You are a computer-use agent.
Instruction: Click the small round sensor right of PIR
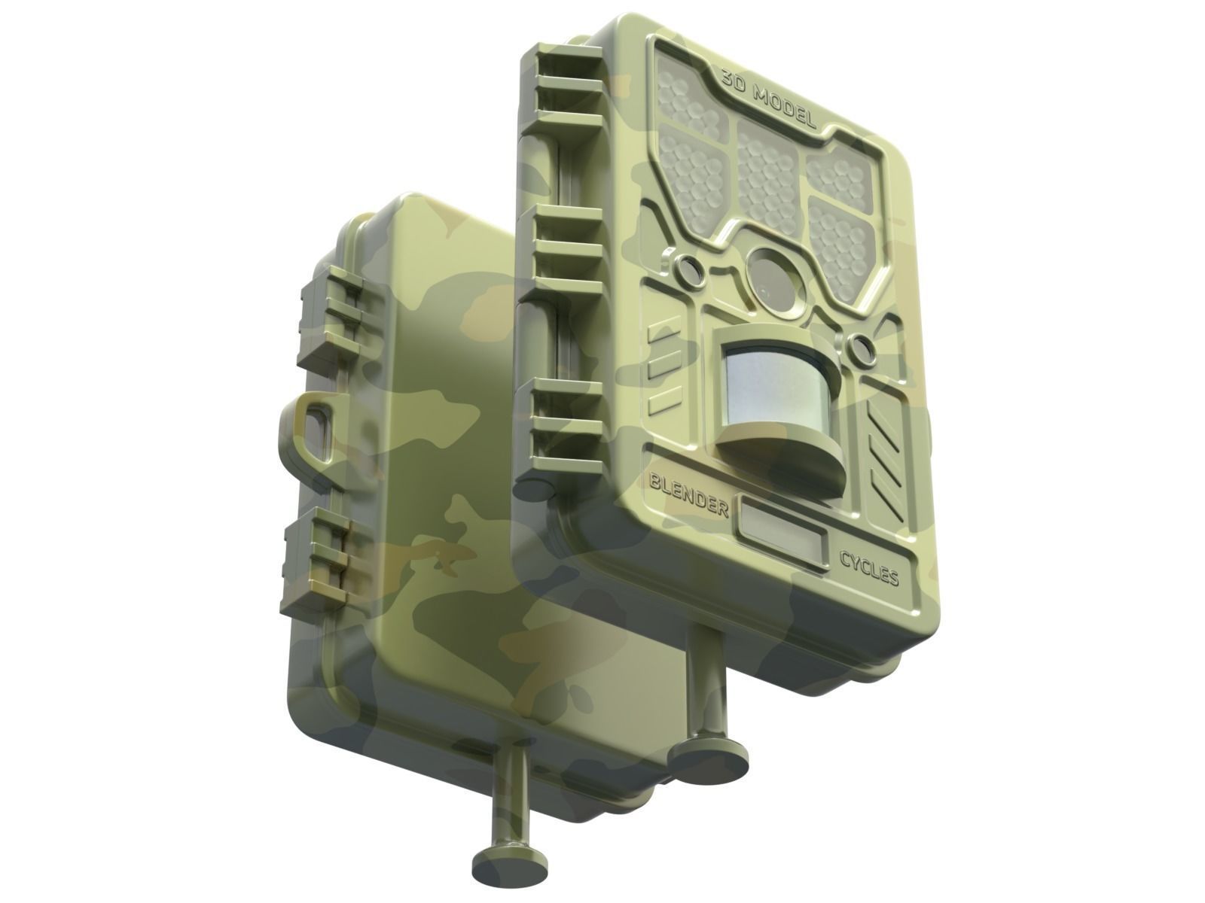[x=861, y=347]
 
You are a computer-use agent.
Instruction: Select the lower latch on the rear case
[x=320, y=557]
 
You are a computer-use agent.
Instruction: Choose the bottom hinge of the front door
[x=565, y=429]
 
